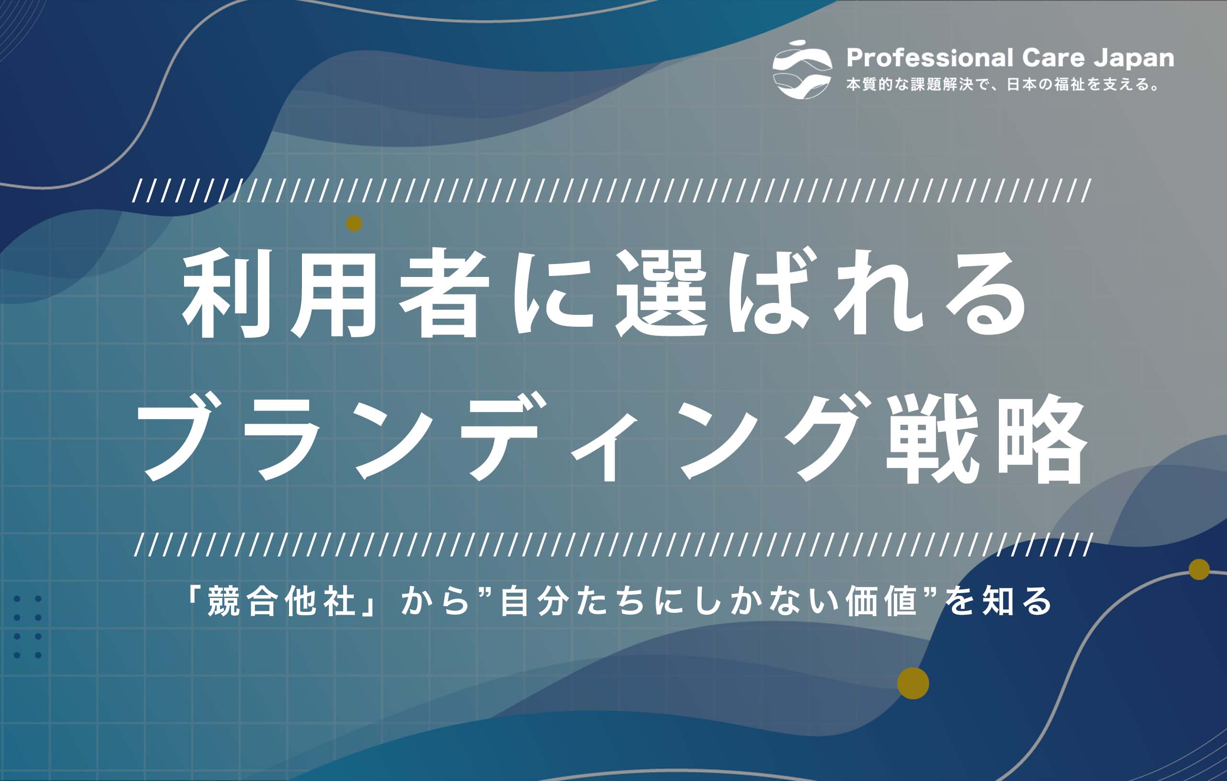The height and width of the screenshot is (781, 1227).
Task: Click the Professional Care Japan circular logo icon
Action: (802, 70)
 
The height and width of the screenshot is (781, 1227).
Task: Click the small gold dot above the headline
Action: (354, 223)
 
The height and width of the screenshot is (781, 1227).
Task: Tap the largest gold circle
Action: (913, 683)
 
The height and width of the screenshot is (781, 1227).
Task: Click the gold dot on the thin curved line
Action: (1199, 570)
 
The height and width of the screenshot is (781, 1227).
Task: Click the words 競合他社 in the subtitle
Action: (281, 602)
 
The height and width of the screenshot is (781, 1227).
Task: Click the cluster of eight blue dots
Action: (27, 627)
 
